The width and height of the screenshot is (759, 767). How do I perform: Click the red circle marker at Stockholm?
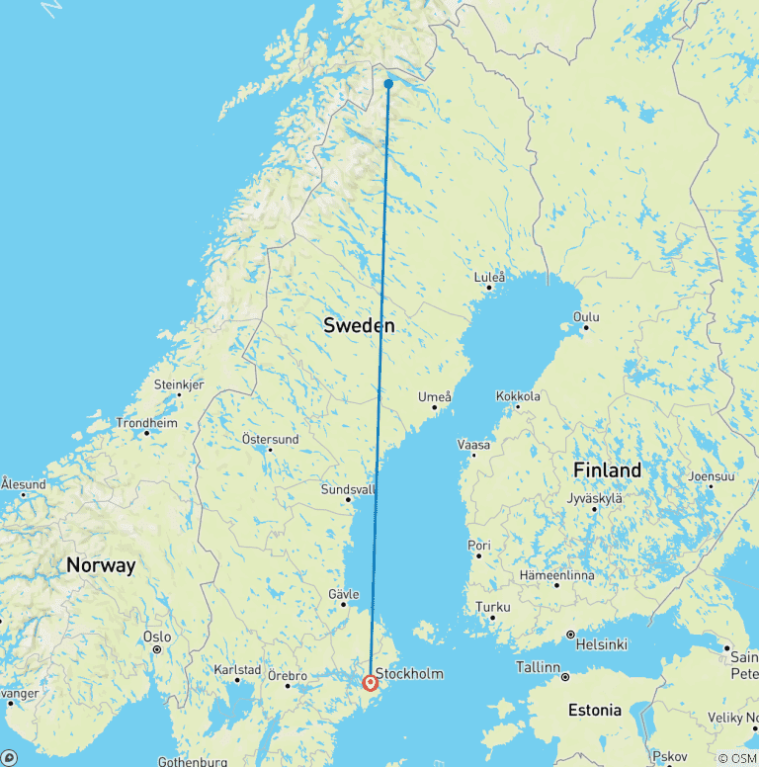371,682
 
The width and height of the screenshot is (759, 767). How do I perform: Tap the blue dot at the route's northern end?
388,84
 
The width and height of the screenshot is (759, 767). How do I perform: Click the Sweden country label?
359,325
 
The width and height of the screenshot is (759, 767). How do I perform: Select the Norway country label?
100,566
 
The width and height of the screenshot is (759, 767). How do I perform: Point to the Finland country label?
608,470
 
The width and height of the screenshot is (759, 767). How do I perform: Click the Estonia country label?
595,710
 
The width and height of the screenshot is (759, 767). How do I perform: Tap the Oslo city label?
157,637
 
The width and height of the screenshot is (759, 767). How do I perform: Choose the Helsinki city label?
601,644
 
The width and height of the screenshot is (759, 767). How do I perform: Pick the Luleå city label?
489,278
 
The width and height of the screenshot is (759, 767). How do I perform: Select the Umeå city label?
435,397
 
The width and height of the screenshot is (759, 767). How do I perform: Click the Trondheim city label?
146,422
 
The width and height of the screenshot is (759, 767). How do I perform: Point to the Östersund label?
270,439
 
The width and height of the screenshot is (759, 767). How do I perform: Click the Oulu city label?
586,317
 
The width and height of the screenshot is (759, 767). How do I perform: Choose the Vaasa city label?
473,445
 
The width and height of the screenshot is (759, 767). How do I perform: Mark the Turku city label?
492,607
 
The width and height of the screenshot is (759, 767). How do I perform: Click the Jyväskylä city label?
595,498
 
